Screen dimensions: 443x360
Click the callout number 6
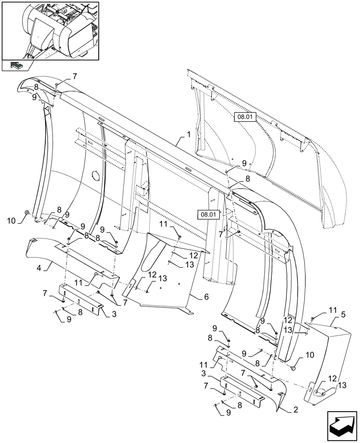(x=205, y=297)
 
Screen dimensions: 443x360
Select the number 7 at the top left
(x=74, y=76)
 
